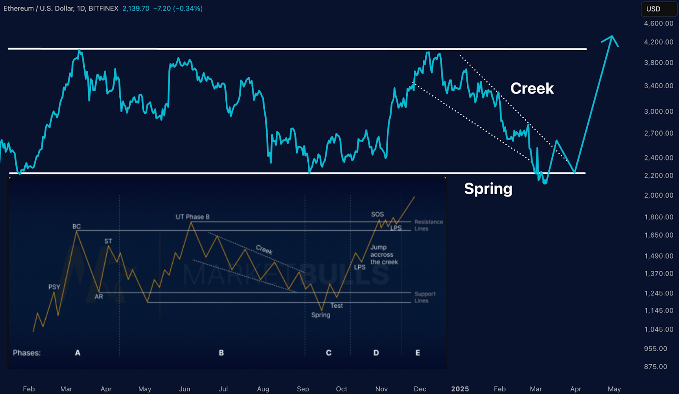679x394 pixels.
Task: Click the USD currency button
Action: (654, 9)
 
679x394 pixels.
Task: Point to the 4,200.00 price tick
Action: (658, 42)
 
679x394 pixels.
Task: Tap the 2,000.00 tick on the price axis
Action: (658, 195)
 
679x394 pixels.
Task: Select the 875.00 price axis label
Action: (655, 366)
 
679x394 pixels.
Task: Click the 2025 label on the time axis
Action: (460, 389)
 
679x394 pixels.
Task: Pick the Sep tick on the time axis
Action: (303, 389)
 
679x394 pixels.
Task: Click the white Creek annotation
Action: (532, 88)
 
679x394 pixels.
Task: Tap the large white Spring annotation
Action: (488, 189)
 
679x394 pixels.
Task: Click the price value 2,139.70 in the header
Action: (136, 8)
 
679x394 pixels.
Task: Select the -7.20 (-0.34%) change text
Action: (177, 8)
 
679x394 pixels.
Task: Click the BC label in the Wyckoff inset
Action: (76, 226)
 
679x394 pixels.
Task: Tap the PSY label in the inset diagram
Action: (54, 287)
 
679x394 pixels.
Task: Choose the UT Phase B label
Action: (193, 217)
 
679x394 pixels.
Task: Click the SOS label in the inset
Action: (377, 214)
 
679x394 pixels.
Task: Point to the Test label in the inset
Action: (337, 306)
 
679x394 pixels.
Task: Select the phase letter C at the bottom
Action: (328, 353)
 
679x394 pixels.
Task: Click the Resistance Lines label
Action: (428, 225)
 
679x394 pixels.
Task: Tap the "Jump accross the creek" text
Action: (384, 255)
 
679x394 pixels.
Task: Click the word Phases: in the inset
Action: (27, 353)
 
